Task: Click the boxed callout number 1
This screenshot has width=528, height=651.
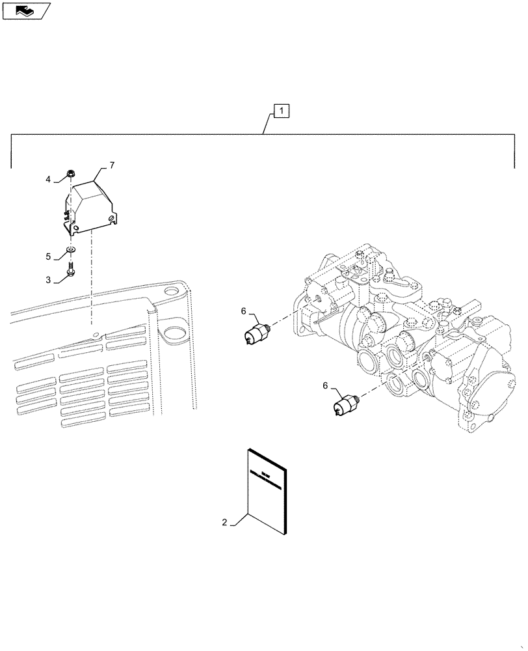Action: coord(281,112)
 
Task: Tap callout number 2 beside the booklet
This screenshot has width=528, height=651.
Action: coord(224,521)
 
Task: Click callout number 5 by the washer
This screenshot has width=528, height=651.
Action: coord(48,256)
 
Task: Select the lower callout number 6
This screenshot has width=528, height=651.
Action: coord(325,386)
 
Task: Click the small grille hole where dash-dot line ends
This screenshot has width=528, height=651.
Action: coord(96,335)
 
